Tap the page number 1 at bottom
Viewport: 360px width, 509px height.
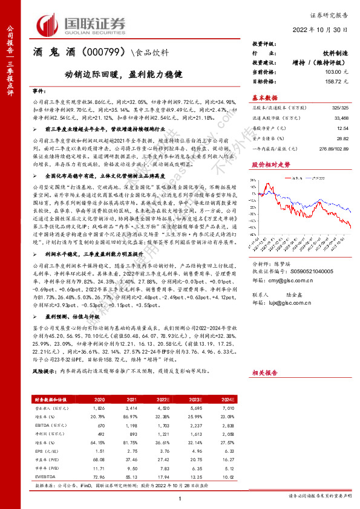tap(180, 498)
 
